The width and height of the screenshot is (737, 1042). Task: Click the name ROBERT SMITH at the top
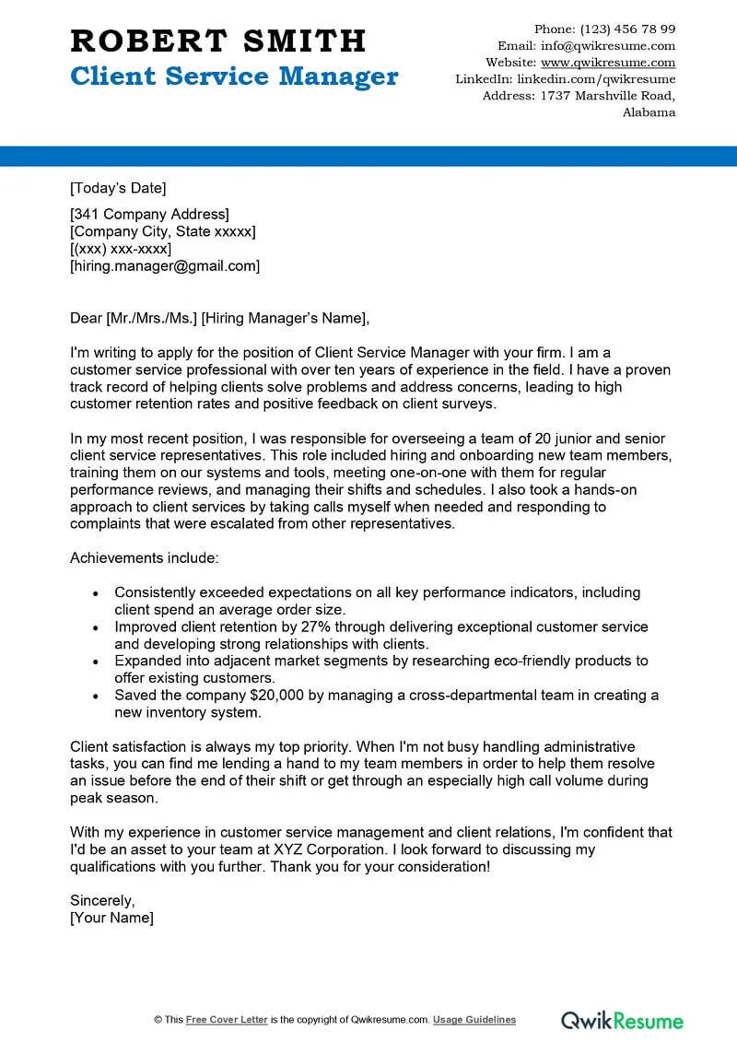[x=218, y=41]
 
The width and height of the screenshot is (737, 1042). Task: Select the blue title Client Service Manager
[x=234, y=76]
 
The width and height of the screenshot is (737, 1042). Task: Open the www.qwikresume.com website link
[x=608, y=63]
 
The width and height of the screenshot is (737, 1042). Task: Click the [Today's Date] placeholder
[x=118, y=188]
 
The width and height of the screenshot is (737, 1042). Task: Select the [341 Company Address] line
[x=149, y=215]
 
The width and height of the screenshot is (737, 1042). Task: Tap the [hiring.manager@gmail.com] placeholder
[x=165, y=266]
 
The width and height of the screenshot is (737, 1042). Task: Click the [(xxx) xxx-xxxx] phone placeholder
[x=121, y=249]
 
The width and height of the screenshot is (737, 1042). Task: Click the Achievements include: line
[x=145, y=558]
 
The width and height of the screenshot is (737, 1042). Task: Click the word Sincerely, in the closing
[x=102, y=900]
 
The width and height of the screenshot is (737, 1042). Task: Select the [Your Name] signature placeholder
[x=111, y=918]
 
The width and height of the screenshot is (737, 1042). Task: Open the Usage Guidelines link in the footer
[x=474, y=1020]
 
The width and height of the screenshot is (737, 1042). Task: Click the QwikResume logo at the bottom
[x=623, y=1020]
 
